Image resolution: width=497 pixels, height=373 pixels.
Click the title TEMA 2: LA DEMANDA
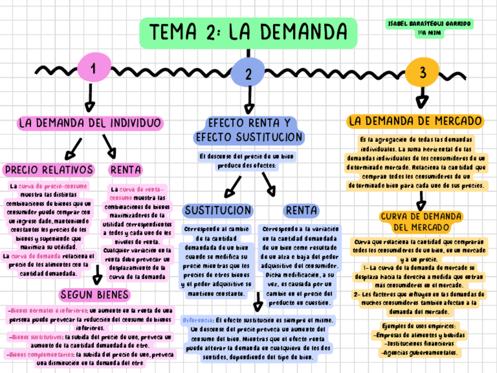click(x=248, y=32)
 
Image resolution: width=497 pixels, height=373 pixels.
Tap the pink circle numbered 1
click(x=93, y=69)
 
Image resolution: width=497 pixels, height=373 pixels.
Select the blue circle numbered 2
click(x=249, y=74)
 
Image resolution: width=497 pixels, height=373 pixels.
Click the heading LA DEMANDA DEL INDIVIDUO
click(x=90, y=123)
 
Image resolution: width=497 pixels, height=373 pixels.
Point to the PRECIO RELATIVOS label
click(x=49, y=170)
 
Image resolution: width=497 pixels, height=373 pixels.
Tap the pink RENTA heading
click(x=125, y=170)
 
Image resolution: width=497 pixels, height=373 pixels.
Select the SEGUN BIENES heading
click(x=95, y=294)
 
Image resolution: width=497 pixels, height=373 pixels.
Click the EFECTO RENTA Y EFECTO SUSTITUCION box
click(x=249, y=130)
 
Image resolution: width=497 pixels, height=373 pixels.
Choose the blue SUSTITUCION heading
click(x=218, y=210)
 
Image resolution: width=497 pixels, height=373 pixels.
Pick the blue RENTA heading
click(x=301, y=210)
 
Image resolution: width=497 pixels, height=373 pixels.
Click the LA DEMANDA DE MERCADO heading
click(x=416, y=121)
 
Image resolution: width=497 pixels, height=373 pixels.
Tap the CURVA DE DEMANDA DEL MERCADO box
click(x=421, y=221)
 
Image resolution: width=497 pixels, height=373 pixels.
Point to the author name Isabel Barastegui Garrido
click(x=430, y=23)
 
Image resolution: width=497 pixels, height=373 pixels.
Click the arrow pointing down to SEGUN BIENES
click(x=97, y=274)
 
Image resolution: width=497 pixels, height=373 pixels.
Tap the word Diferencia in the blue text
click(x=198, y=321)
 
